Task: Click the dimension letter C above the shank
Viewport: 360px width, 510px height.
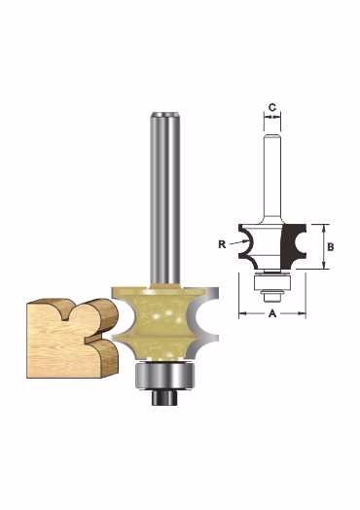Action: (x=272, y=107)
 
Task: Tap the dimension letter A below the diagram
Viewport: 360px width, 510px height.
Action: (x=272, y=313)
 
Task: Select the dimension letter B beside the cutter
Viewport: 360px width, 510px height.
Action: (x=330, y=247)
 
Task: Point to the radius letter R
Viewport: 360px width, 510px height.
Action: (x=222, y=244)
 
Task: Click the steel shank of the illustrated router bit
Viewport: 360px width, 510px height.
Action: (x=165, y=200)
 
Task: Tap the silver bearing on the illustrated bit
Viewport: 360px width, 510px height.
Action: (x=164, y=375)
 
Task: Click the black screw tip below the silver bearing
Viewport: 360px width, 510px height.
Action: (x=164, y=397)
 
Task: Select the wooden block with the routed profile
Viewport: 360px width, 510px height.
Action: (x=72, y=339)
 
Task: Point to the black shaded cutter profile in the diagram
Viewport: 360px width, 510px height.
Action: (x=291, y=246)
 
